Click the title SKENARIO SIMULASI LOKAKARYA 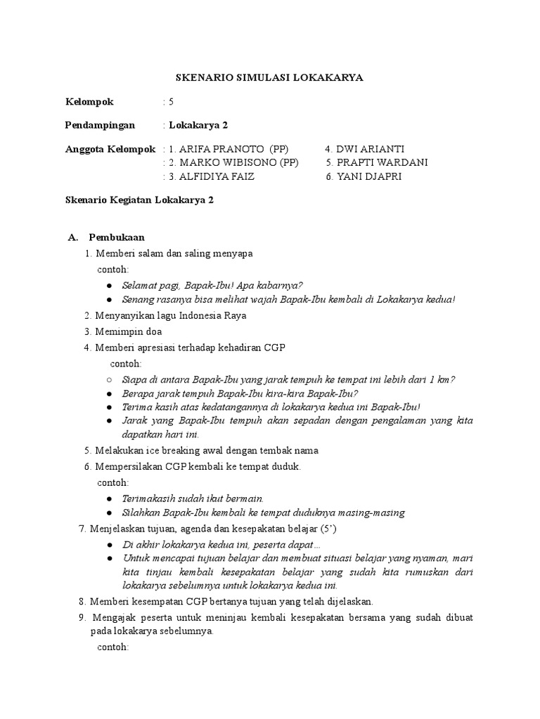pyautogui.click(x=269, y=78)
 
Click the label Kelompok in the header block pyautogui.click(x=89, y=102)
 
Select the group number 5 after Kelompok pyautogui.click(x=171, y=102)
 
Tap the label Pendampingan pyautogui.click(x=100, y=126)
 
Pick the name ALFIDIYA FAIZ pyautogui.click(x=217, y=176)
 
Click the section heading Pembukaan pyautogui.click(x=117, y=237)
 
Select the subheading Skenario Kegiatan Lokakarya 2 pyautogui.click(x=139, y=200)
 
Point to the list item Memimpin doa pyautogui.click(x=126, y=331)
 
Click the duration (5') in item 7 pyautogui.click(x=326, y=529)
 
